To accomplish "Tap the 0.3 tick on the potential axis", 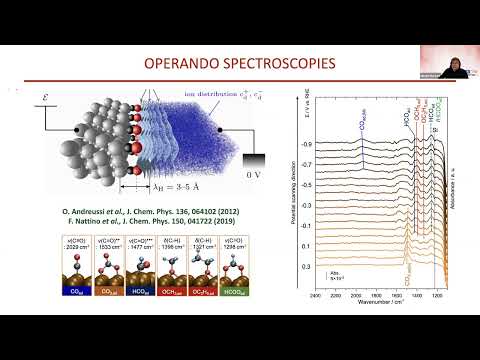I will coord(306,268).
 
